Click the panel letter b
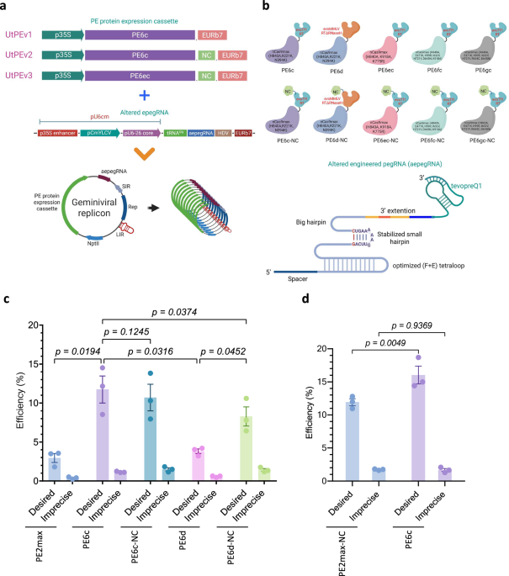pyautogui.click(x=266, y=7)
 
